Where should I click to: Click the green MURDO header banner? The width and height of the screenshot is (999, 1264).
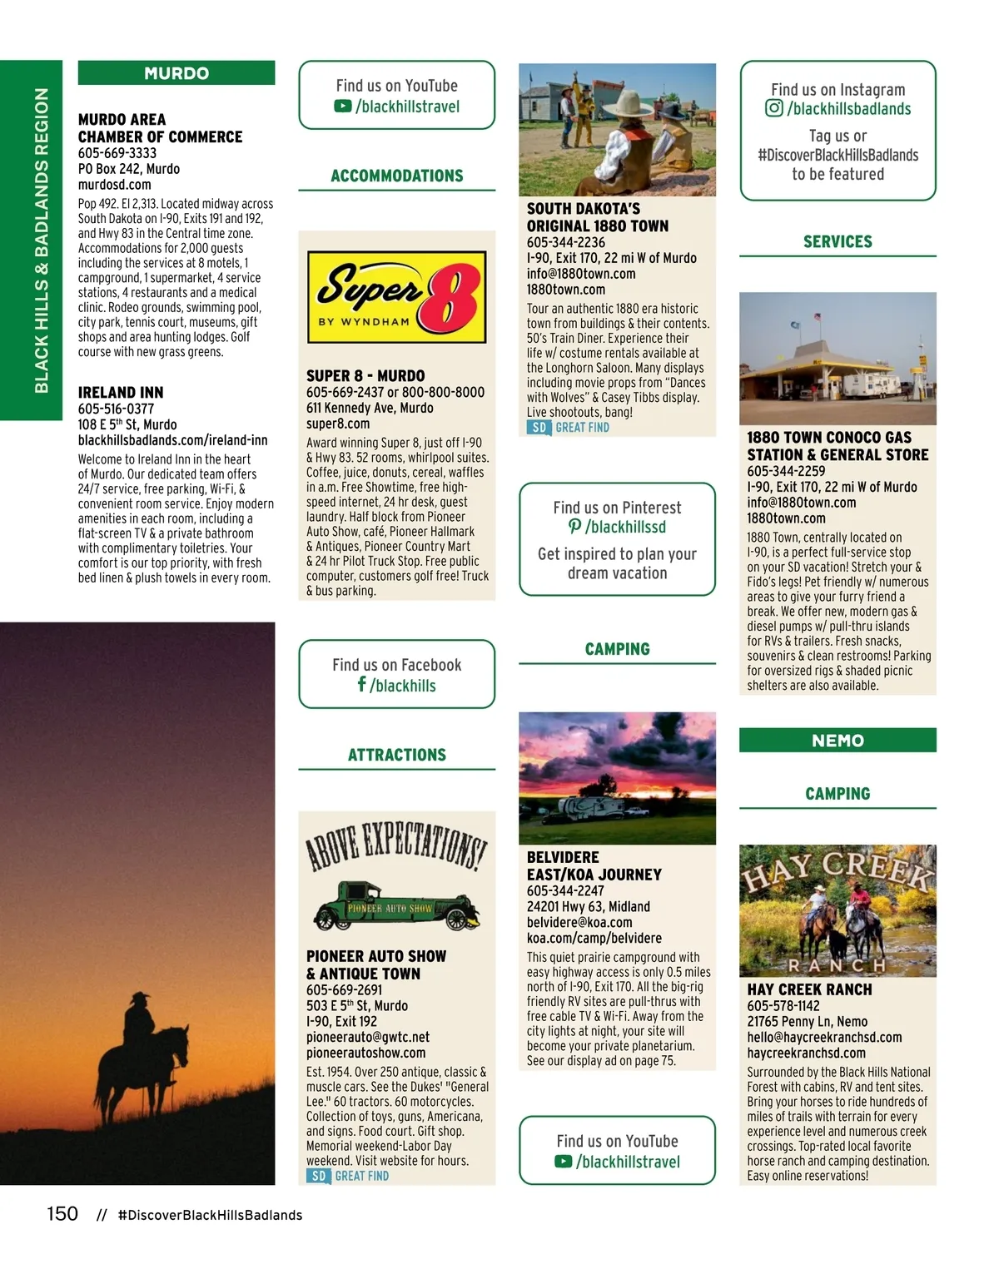pyautogui.click(x=176, y=73)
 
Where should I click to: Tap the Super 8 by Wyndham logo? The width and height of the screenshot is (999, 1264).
pyautogui.click(x=396, y=298)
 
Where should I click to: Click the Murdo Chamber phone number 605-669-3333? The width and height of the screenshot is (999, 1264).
pyautogui.click(x=117, y=153)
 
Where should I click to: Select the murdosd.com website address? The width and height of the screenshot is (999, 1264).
pyautogui.click(x=115, y=185)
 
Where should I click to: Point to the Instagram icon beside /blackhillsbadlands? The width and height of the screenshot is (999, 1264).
pyautogui.click(x=774, y=108)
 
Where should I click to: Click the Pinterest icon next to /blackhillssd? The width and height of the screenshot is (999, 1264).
pyautogui.click(x=574, y=527)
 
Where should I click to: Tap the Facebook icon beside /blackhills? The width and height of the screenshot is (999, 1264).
pyautogui.click(x=361, y=684)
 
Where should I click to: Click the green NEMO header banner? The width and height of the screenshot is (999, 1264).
pyautogui.click(x=837, y=741)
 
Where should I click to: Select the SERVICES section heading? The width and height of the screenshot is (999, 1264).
pyautogui.click(x=837, y=242)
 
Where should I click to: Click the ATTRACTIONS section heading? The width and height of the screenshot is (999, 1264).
pyautogui.click(x=396, y=755)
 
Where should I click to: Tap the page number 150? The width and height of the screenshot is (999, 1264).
pyautogui.click(x=62, y=1214)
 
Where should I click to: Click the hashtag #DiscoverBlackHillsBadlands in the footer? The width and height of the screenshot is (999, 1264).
pyautogui.click(x=211, y=1215)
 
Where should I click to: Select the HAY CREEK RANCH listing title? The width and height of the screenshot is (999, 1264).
pyautogui.click(x=809, y=989)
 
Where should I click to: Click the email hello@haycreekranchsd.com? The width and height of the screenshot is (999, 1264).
pyautogui.click(x=824, y=1038)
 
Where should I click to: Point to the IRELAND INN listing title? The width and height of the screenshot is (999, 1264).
pyautogui.click(x=121, y=393)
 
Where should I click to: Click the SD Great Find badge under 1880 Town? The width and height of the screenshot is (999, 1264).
pyautogui.click(x=569, y=428)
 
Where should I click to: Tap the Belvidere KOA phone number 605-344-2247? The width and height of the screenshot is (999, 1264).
pyautogui.click(x=565, y=890)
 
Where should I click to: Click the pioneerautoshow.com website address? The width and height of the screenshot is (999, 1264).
pyautogui.click(x=365, y=1053)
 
